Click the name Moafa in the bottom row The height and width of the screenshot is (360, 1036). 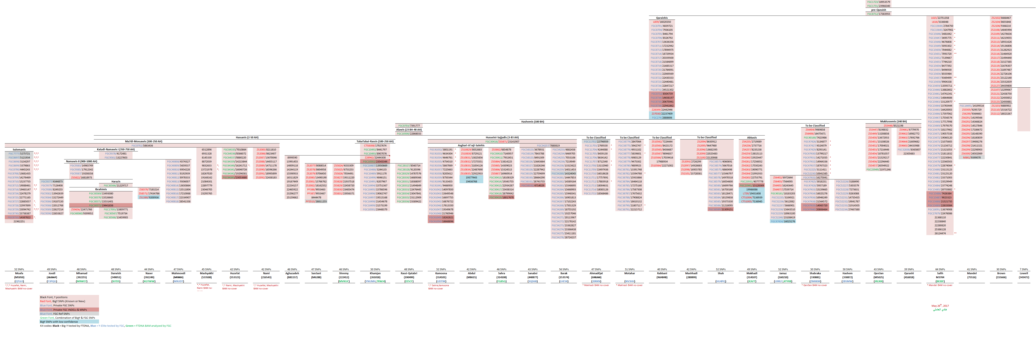point(19,273)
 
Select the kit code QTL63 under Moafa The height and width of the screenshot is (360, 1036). point(19,281)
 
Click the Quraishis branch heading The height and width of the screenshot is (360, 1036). point(662,18)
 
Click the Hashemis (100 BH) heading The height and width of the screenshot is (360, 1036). point(533,122)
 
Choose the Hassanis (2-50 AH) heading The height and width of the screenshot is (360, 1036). point(247,137)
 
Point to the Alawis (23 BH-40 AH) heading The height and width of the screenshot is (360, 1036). point(409,130)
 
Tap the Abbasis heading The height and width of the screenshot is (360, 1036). point(752,137)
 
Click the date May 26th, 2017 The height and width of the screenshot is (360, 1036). point(940,306)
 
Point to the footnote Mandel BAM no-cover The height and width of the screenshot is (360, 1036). point(940,285)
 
